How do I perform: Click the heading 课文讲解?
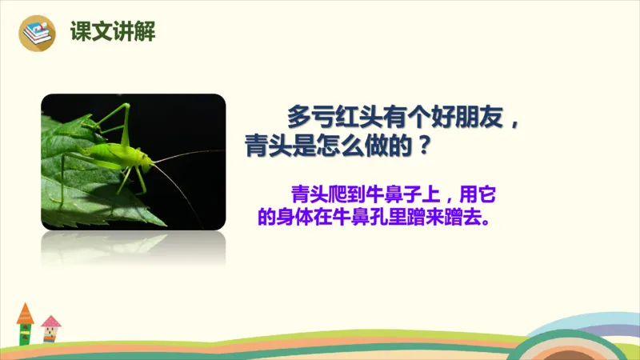[x=113, y=33]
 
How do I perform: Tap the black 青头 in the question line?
[x=270, y=146]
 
